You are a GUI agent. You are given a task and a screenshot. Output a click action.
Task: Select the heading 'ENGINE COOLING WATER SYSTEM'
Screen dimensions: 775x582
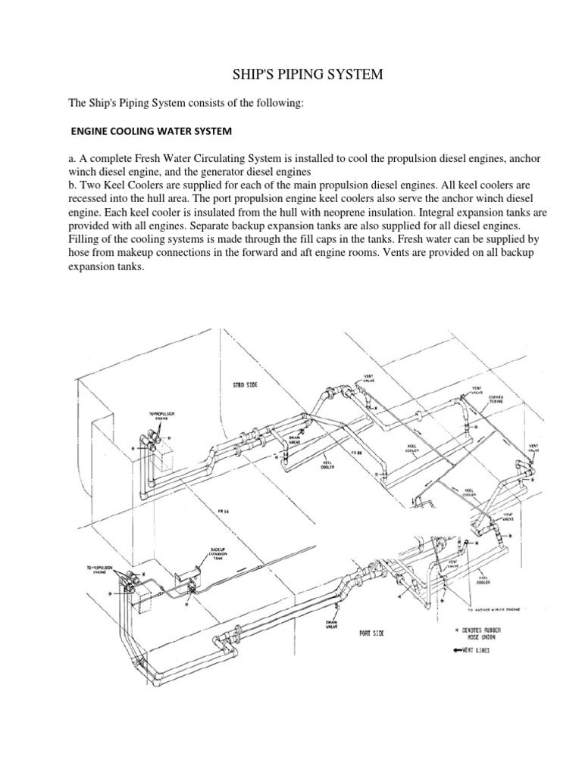pyautogui.click(x=151, y=131)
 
